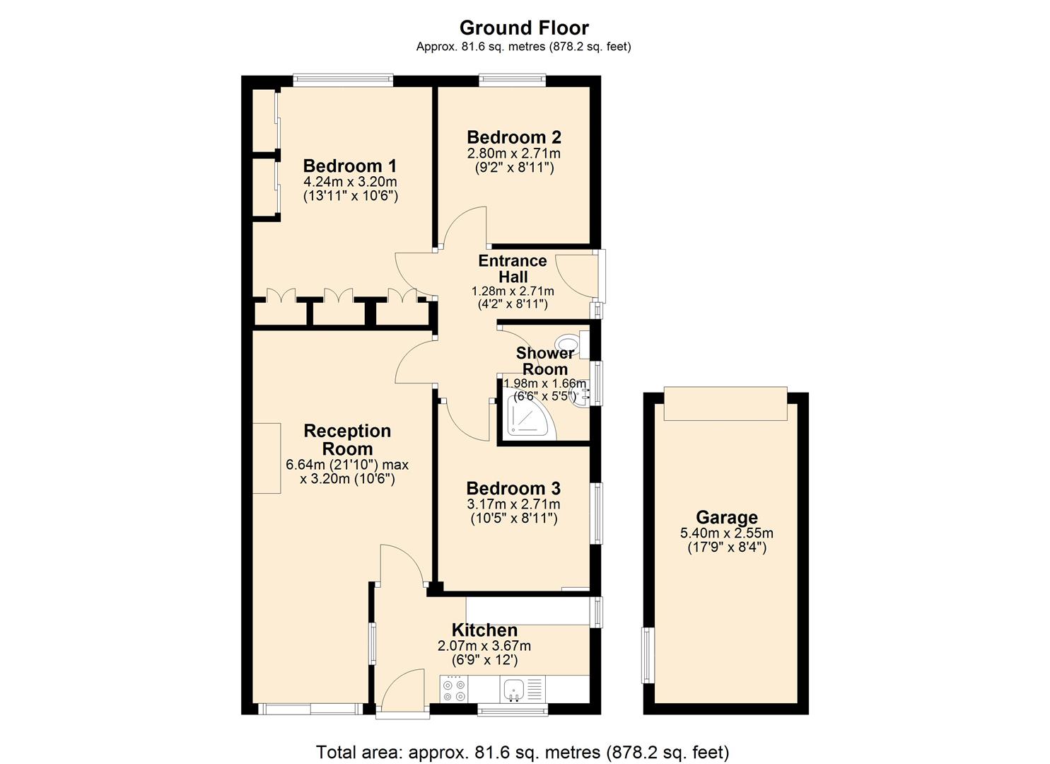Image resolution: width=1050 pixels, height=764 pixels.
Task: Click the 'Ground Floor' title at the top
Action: tap(524, 28)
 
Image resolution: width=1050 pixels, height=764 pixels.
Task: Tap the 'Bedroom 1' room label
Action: tap(350, 166)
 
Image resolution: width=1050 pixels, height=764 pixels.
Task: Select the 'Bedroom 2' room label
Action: tap(514, 137)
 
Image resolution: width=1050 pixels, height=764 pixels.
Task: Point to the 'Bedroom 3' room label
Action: tap(513, 489)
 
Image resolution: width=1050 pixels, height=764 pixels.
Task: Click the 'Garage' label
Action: tap(726, 517)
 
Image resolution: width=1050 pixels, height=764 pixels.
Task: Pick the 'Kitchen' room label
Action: tap(484, 630)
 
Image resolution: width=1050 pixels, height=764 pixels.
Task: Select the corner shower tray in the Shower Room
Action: tap(530, 416)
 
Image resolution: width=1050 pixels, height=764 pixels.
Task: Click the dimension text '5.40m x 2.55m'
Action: tap(726, 533)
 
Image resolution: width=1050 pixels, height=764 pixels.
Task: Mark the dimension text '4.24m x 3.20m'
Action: tap(350, 182)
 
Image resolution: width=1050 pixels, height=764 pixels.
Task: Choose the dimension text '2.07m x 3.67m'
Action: tap(484, 646)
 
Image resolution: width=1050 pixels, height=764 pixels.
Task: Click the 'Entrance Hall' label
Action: tap(513, 269)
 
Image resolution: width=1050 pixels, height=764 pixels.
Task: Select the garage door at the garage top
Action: tap(725, 403)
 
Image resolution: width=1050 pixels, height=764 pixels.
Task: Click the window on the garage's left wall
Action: tap(646, 654)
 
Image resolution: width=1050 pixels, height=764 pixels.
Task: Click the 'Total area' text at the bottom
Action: tap(523, 751)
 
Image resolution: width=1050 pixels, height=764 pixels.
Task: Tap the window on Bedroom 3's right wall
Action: tap(597, 513)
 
